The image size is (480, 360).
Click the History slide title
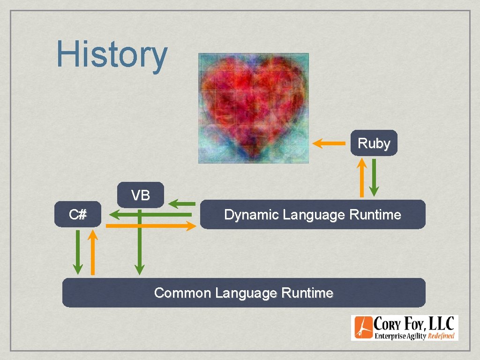click(112, 55)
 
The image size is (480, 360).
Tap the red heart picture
click(253, 108)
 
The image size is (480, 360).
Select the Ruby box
click(374, 143)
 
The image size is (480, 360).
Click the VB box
click(141, 195)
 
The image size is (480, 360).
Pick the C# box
click(77, 215)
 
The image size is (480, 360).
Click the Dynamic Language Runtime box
click(313, 215)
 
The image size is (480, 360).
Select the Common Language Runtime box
click(244, 293)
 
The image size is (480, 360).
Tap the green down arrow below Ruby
click(374, 177)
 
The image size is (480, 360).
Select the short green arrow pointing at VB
click(182, 203)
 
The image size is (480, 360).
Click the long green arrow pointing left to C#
click(150, 215)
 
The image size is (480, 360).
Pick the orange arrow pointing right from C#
click(150, 226)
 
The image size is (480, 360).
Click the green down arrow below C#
click(78, 252)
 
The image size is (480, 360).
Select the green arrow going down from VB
click(139, 244)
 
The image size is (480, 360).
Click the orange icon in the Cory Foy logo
click(363, 328)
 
